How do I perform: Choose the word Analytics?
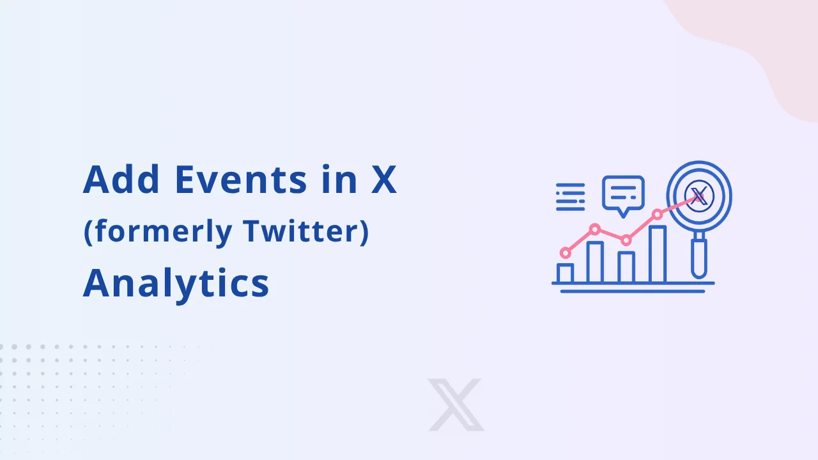176,283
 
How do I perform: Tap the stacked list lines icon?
570,197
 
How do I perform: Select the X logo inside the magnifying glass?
698,193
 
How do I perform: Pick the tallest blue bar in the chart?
658,254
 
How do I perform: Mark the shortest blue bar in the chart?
565,273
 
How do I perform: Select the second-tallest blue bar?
595,262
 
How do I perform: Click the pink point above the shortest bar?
565,253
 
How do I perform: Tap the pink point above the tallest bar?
657,214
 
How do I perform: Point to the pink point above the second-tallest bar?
595,229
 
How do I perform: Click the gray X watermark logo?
456,404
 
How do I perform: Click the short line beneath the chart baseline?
633,291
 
